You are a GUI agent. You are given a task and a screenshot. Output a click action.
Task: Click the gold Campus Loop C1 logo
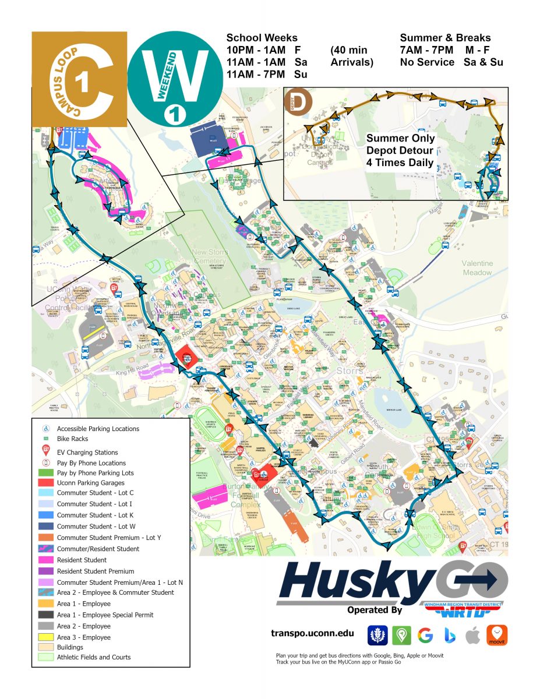[79, 79]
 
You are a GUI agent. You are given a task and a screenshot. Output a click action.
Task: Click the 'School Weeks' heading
[262, 38]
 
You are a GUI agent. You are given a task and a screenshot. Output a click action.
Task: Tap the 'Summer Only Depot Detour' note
[400, 150]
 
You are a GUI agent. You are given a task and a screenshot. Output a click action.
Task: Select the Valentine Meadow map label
[477, 267]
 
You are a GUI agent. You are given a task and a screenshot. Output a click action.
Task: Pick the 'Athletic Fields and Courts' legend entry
[94, 657]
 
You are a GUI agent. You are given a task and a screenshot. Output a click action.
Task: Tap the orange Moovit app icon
[497, 635]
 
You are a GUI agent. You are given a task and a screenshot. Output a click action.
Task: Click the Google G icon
[425, 635]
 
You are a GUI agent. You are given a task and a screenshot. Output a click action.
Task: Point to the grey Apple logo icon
[473, 635]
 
